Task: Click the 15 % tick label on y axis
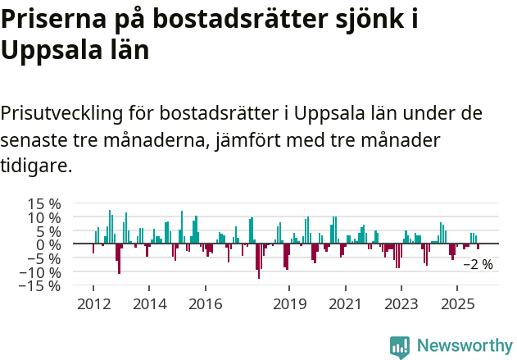pyautogui.click(x=44, y=203)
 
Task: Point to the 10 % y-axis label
pyautogui.click(x=44, y=217)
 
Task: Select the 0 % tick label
pyautogui.click(x=48, y=244)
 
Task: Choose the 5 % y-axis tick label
pyautogui.click(x=48, y=231)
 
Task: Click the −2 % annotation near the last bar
pyautogui.click(x=478, y=265)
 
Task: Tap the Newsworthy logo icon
pyautogui.click(x=400, y=347)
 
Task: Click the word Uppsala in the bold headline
pyautogui.click(x=49, y=51)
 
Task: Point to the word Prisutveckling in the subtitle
pyautogui.click(x=75, y=112)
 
